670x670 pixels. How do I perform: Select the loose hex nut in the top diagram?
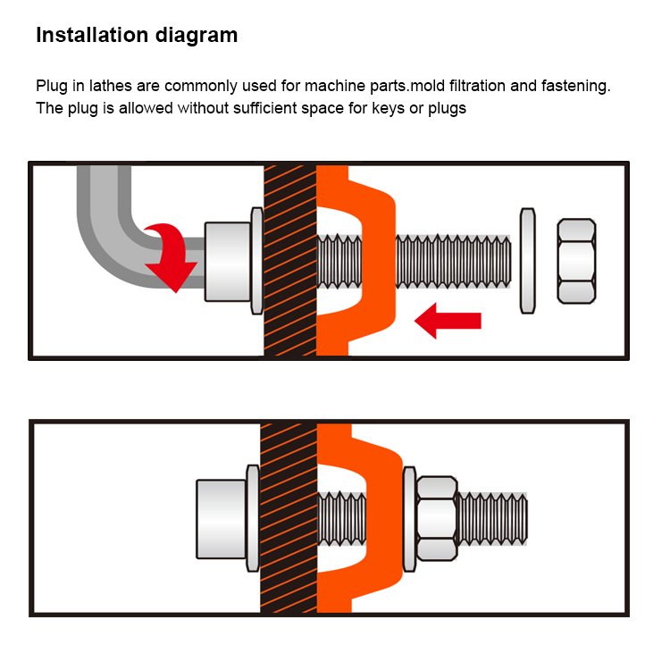pyautogui.click(x=576, y=260)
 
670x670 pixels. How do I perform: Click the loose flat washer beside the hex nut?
pyautogui.click(x=528, y=260)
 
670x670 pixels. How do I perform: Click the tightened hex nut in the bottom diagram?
pyautogui.click(x=437, y=518)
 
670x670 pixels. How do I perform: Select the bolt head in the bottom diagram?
pyautogui.click(x=221, y=518)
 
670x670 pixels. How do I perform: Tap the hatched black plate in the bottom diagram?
pyautogui.click(x=288, y=518)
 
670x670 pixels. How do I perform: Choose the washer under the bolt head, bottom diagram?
pyautogui.click(x=253, y=518)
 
